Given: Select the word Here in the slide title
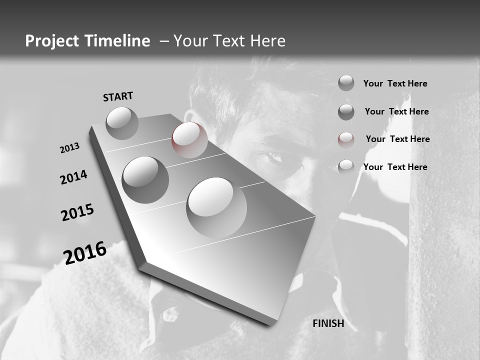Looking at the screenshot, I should click(x=267, y=41).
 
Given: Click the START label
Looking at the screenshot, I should click(x=118, y=96).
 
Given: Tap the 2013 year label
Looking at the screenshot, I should click(x=70, y=148).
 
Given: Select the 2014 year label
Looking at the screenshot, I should click(x=74, y=177).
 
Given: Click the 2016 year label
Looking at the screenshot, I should click(x=85, y=253).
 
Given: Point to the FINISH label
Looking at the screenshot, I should click(x=328, y=323).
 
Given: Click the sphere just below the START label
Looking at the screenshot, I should click(x=122, y=123).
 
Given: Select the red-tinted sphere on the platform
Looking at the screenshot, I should click(x=189, y=139).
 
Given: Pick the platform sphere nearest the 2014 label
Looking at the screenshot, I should click(x=145, y=179).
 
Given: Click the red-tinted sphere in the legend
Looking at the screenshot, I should click(x=346, y=139).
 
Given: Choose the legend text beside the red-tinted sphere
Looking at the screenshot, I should click(x=397, y=139).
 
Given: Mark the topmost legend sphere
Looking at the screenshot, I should click(x=346, y=83).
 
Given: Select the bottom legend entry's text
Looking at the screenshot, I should click(x=395, y=167).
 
